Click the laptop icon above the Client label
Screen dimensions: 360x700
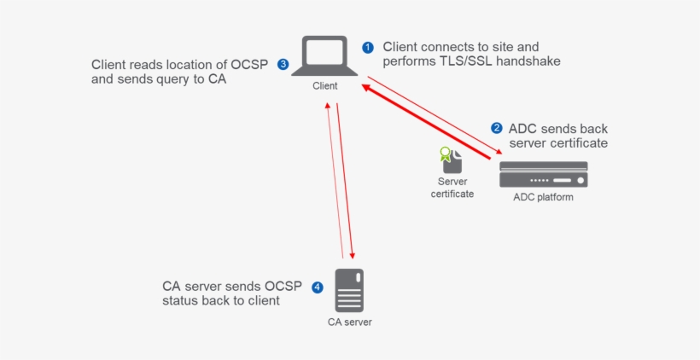(324, 56)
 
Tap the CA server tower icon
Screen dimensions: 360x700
(349, 290)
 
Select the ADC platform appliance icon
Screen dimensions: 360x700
(543, 174)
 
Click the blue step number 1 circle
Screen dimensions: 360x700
(368, 48)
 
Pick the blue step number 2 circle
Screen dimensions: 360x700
(496, 128)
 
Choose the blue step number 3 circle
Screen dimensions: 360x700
(283, 64)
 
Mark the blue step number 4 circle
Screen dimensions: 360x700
(318, 287)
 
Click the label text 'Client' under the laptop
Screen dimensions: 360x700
(324, 85)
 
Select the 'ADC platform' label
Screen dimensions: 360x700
(543, 197)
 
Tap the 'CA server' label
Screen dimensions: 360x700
(350, 322)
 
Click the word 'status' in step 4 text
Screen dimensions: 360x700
(181, 301)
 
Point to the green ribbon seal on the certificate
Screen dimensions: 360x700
(444, 154)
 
